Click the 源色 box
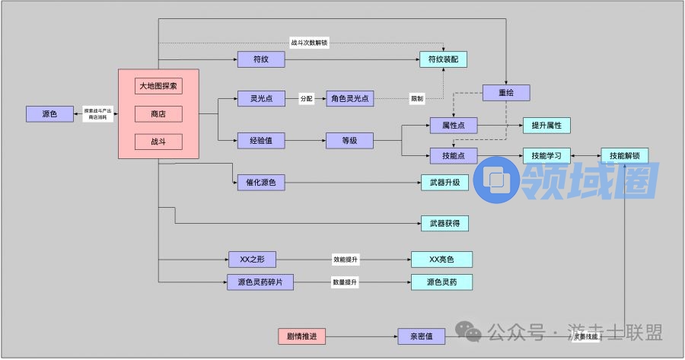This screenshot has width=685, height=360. pos(49,114)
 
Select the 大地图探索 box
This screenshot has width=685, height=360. pos(158,86)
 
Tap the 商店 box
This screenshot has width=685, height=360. pos(158,114)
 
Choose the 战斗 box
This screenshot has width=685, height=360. pos(158,142)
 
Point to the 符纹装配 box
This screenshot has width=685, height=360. pos(443,59)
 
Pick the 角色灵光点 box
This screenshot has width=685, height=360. pos(350,98)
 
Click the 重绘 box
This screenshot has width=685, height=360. pos(506,93)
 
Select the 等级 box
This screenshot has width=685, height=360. pos(350,140)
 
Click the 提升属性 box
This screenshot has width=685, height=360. pos(546,125)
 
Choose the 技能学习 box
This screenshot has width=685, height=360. pos(546,155)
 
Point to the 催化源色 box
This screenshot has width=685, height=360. pos(261,182)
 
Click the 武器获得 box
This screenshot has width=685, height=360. pos(444,223)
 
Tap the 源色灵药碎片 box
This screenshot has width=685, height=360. pos(261,282)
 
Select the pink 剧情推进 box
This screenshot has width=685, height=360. pos(301,336)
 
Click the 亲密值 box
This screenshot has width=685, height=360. pos(420,336)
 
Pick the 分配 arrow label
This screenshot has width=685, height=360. pos(307,98)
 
